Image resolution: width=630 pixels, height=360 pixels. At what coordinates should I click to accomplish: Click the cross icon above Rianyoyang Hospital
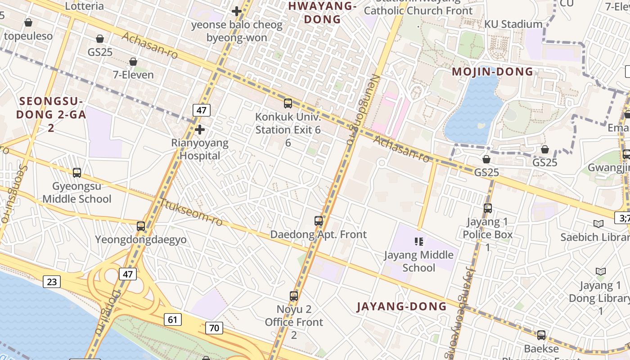click(200, 130)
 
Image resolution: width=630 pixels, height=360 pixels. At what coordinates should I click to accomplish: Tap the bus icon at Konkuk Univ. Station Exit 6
click(288, 103)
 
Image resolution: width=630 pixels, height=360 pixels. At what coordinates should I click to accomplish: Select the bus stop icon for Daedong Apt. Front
click(319, 221)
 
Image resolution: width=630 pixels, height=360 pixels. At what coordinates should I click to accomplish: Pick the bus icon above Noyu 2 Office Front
click(294, 296)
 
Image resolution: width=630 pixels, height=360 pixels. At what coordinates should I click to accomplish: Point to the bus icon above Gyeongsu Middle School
click(77, 172)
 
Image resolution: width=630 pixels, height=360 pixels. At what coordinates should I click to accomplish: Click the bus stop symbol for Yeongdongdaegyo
click(141, 226)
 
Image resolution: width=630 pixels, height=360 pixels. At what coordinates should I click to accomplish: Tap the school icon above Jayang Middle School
click(419, 242)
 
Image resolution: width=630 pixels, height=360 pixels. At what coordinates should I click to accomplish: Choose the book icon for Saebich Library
click(598, 224)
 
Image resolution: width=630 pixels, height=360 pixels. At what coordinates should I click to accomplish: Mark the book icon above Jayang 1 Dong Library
click(600, 271)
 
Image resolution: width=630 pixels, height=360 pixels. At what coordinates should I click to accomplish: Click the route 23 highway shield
click(52, 282)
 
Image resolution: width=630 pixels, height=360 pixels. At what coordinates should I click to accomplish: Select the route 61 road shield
click(173, 319)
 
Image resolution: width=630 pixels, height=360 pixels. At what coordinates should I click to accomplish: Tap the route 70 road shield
click(214, 328)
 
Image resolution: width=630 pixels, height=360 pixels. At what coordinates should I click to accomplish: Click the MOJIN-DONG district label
click(492, 72)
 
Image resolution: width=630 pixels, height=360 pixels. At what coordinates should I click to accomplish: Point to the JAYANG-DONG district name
click(401, 307)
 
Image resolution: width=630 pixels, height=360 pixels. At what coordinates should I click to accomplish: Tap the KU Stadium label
click(513, 24)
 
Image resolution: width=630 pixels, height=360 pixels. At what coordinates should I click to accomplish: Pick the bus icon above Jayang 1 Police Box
click(488, 208)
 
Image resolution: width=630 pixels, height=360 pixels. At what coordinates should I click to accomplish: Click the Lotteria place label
click(85, 6)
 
